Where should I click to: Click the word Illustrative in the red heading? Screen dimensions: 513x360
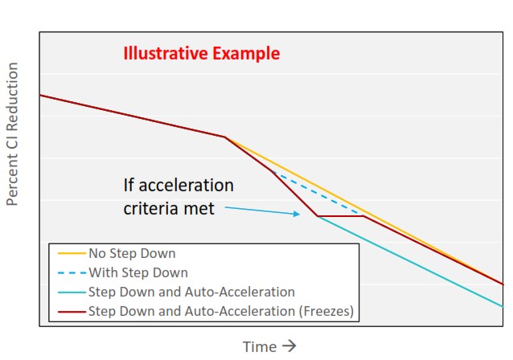166,53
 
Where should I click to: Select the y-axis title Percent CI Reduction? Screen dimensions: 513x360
12,134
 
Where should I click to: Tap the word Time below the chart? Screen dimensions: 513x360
260,347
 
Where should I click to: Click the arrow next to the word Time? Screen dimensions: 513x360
289,346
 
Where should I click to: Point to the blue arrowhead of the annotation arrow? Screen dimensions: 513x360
297,214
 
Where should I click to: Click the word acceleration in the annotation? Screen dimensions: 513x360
187,186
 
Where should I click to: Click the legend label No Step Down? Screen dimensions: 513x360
132,253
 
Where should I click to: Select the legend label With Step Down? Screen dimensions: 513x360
138,272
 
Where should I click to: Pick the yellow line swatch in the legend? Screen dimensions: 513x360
72,253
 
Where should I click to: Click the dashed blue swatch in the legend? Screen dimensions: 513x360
72,272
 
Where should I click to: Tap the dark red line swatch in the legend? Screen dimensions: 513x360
72,311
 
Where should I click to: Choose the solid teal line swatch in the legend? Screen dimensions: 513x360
72,292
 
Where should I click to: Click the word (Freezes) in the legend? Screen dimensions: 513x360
326,311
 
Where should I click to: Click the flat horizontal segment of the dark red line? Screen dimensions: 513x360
340,216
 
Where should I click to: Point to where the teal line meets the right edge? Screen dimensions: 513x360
503,307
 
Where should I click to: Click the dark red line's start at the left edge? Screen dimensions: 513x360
40,95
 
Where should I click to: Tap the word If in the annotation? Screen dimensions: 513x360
129,186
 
